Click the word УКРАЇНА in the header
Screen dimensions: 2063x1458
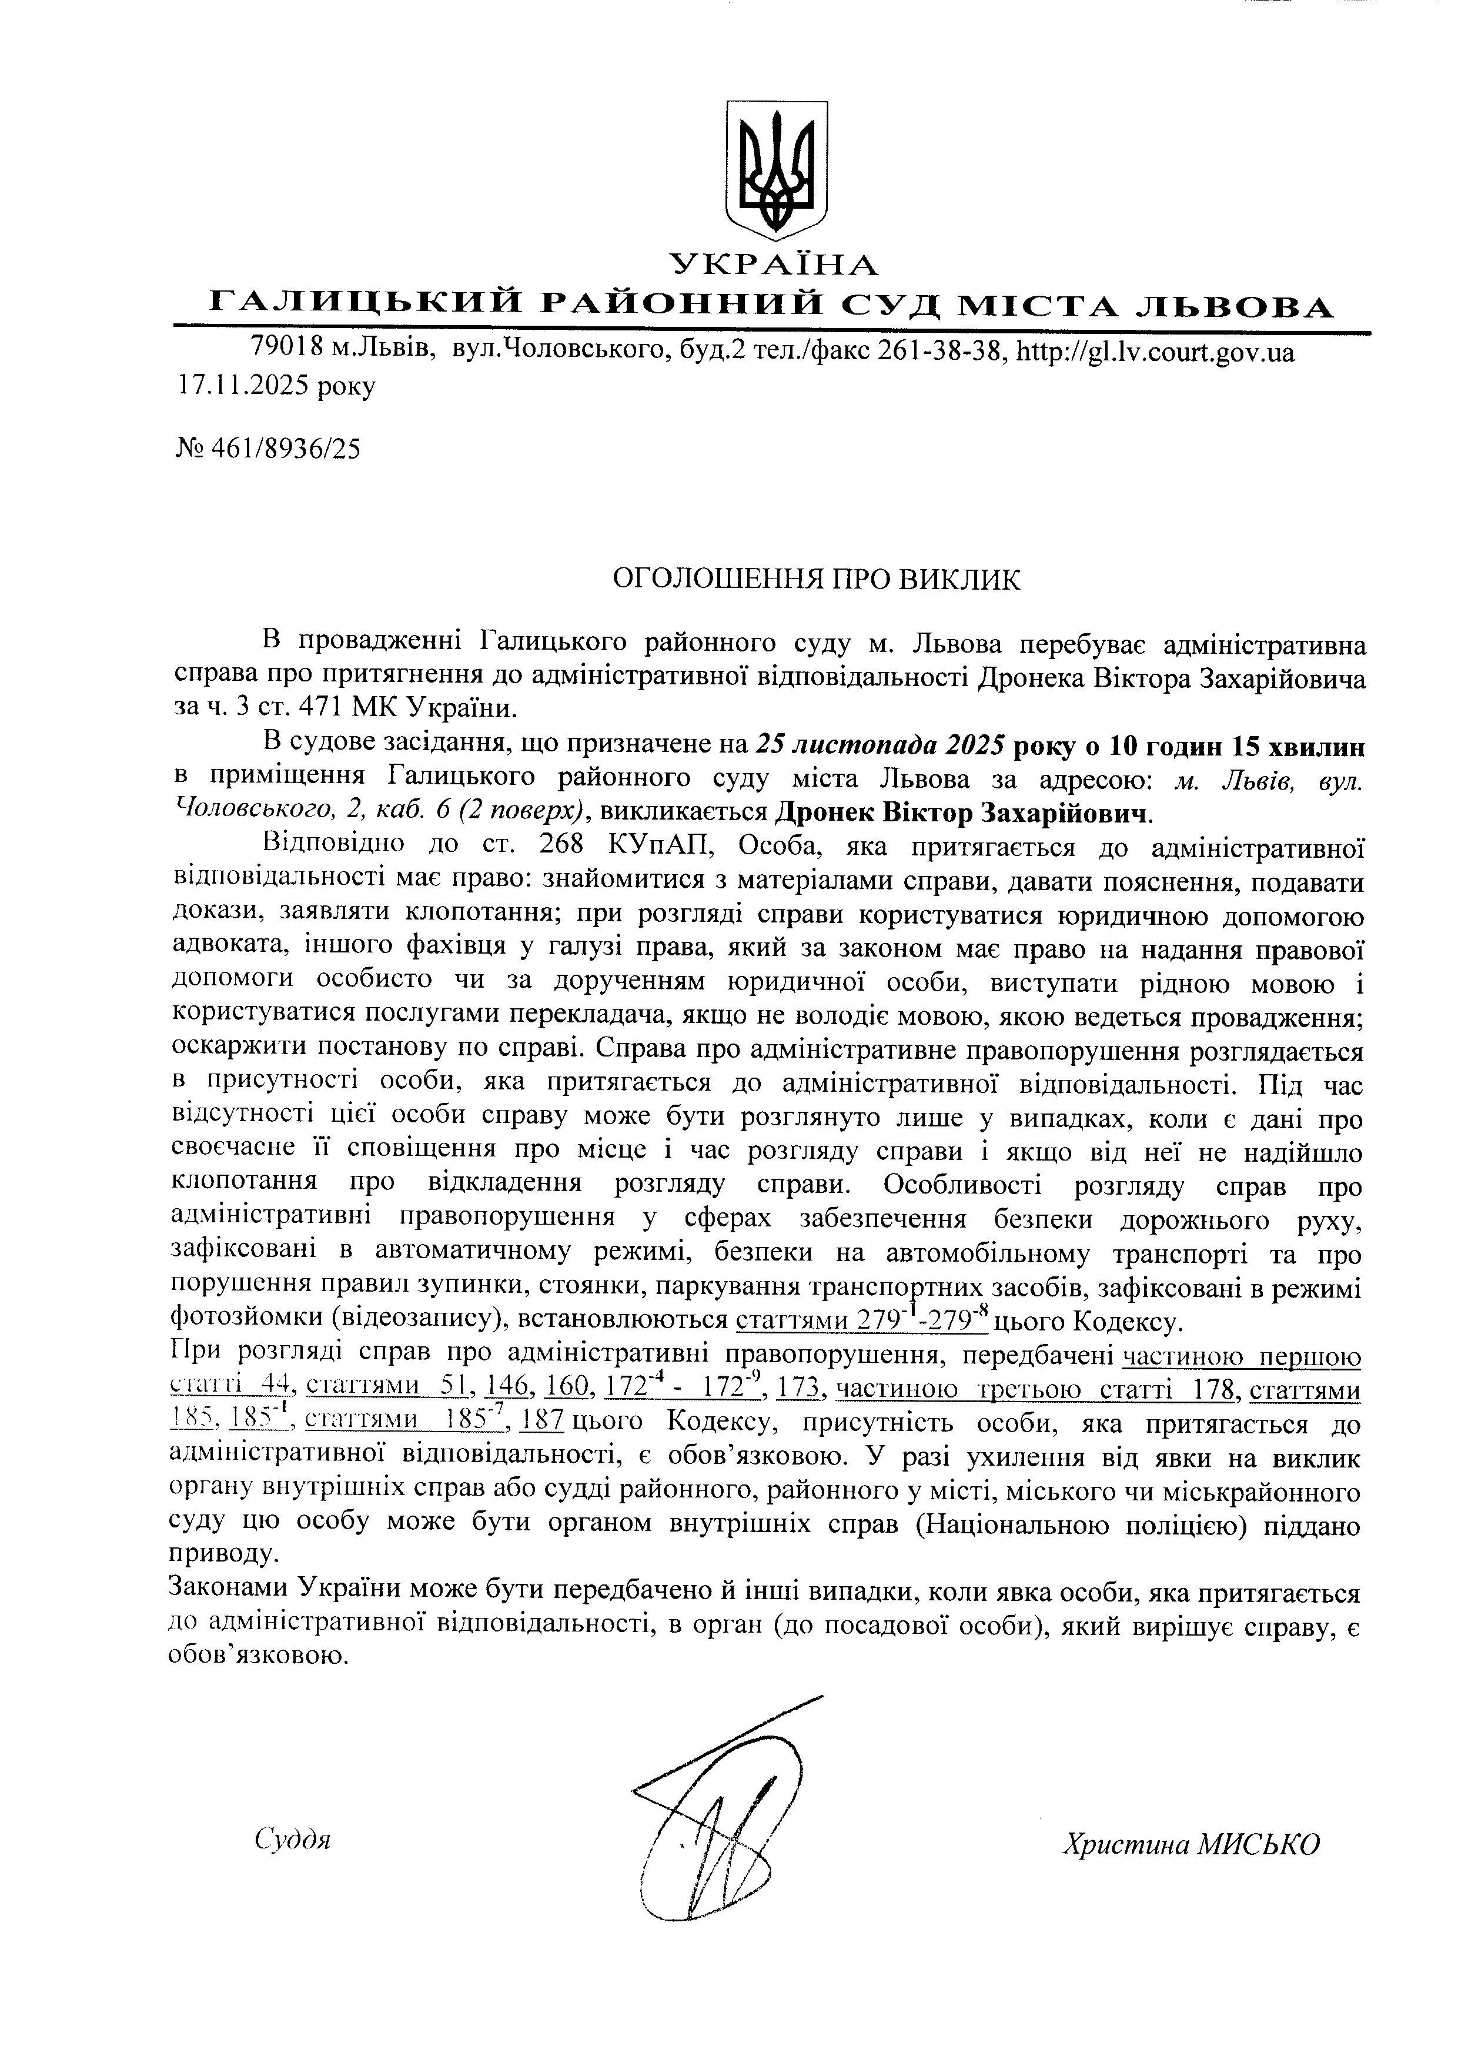tap(774, 264)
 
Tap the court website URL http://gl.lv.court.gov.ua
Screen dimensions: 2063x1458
tap(1155, 352)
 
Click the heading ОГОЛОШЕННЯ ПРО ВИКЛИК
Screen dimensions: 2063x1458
tap(817, 580)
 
